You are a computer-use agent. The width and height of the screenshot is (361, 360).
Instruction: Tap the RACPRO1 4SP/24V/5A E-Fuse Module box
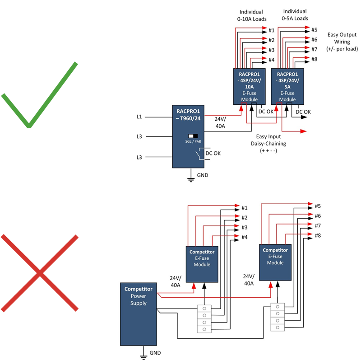pos(287,86)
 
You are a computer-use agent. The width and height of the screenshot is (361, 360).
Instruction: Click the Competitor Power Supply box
pos(138,314)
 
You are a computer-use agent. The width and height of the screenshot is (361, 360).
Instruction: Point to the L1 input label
pos(139,117)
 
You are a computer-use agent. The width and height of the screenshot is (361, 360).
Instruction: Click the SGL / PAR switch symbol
pos(193,136)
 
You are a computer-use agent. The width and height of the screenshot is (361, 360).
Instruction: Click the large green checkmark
pos(45,90)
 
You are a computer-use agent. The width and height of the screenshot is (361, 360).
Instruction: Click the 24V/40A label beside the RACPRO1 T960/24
pos(221,123)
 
